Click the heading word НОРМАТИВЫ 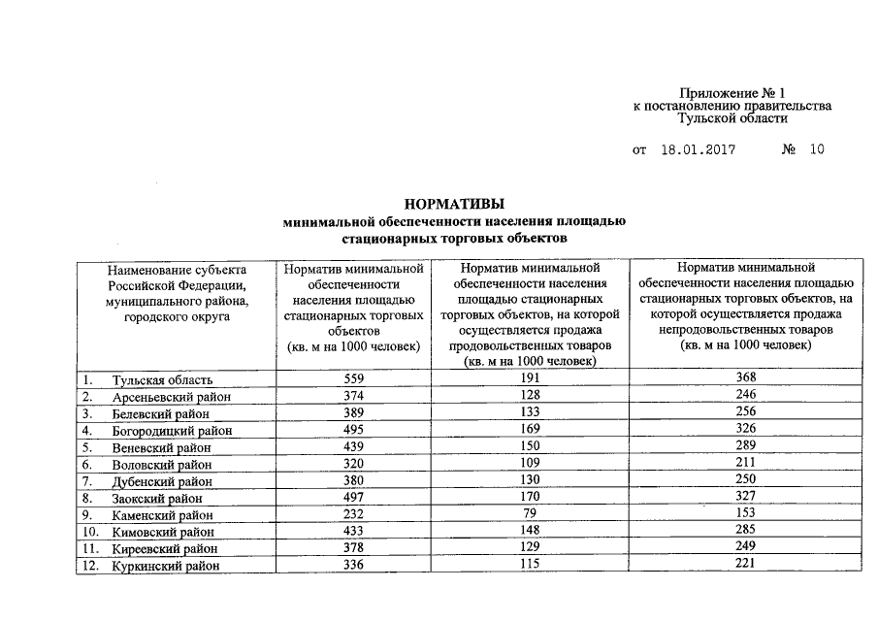454,205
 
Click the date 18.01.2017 698,150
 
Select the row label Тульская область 161,378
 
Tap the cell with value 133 530,412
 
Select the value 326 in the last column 745,429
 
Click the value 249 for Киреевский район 745,548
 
